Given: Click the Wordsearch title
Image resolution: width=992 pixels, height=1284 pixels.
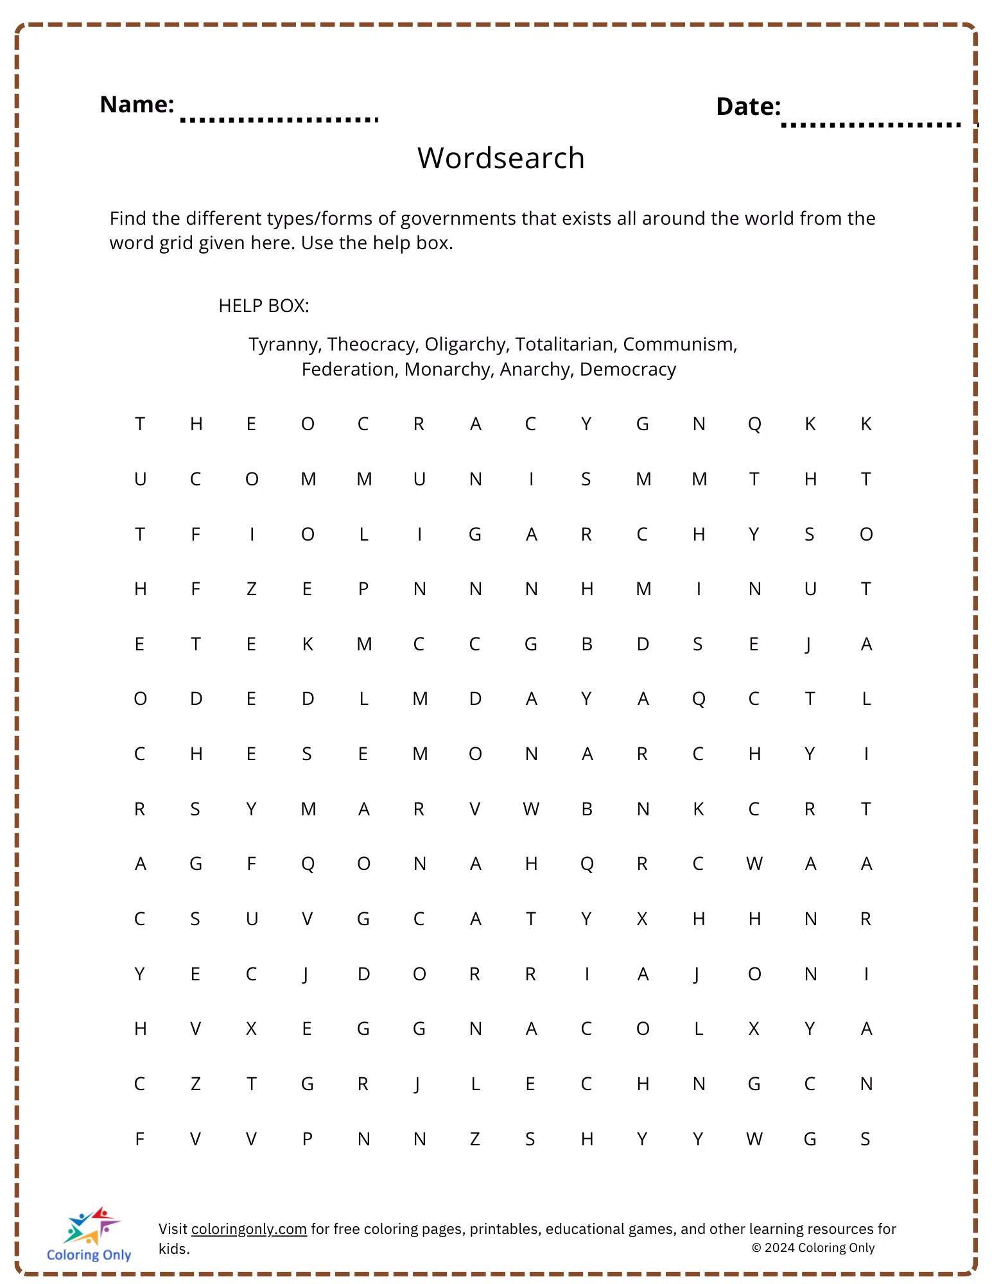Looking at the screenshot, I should pyautogui.click(x=501, y=158).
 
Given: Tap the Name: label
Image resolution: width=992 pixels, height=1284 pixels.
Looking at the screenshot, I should pyautogui.click(x=137, y=105).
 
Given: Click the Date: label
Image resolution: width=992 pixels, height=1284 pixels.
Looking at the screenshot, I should pyautogui.click(x=748, y=107).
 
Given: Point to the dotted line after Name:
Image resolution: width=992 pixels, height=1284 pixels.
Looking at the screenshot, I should pyautogui.click(x=279, y=119).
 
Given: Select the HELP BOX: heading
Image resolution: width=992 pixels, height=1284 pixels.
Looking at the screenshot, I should pyautogui.click(x=263, y=306).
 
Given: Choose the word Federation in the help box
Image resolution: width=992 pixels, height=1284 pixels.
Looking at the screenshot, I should pyautogui.click(x=349, y=370).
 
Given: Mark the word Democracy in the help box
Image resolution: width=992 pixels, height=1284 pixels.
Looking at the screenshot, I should pyautogui.click(x=627, y=370).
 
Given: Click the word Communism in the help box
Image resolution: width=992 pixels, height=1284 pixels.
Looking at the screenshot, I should pyautogui.click(x=679, y=345).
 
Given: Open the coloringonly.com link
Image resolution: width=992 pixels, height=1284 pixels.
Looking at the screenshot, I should pyautogui.click(x=248, y=1229).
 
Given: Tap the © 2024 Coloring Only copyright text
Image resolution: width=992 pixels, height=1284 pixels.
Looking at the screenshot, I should pyautogui.click(x=813, y=1247).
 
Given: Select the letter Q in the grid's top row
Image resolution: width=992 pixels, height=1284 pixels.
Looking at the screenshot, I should pyautogui.click(x=754, y=424).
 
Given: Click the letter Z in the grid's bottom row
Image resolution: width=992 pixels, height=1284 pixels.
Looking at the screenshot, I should pyautogui.click(x=475, y=1139).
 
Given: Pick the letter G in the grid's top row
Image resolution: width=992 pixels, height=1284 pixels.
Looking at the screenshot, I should pyautogui.click(x=643, y=424).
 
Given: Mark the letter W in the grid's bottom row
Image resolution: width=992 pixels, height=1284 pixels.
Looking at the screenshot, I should pyautogui.click(x=754, y=1139).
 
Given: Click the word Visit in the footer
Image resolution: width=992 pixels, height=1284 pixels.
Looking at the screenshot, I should pyautogui.click(x=173, y=1229).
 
